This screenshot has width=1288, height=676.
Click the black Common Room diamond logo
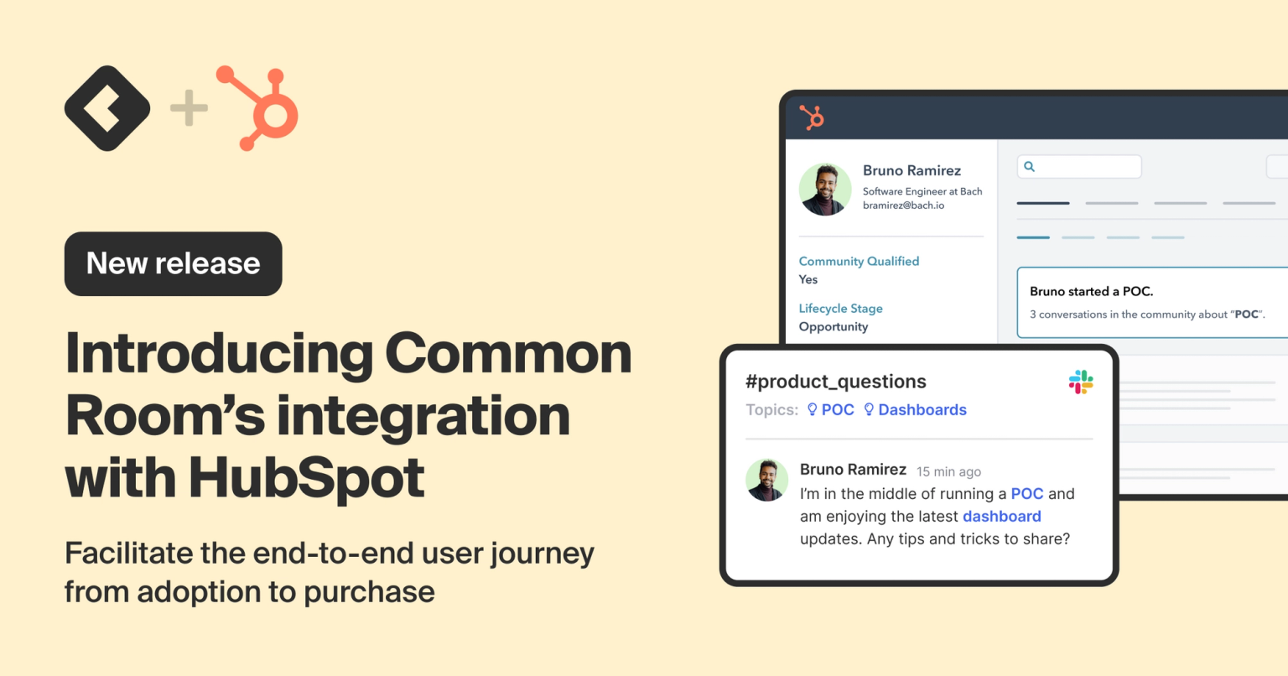click(x=107, y=108)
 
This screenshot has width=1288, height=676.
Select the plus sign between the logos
click(x=189, y=108)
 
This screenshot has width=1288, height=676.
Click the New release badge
click(x=173, y=263)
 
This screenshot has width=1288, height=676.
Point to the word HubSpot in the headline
click(x=306, y=477)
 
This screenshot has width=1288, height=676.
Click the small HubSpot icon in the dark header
click(x=811, y=117)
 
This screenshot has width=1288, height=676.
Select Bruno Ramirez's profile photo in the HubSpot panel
click(x=825, y=190)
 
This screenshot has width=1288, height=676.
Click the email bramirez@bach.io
click(x=903, y=205)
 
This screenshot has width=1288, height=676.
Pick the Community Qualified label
click(x=859, y=262)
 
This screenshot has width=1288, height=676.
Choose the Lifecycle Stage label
click(x=840, y=309)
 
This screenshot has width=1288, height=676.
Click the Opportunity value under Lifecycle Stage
click(x=833, y=327)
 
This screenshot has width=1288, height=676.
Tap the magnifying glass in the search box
click(x=1030, y=167)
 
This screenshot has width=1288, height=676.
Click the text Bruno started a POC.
click(x=1091, y=292)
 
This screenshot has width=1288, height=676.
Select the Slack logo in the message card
click(x=1081, y=382)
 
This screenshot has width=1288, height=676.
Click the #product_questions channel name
click(x=835, y=382)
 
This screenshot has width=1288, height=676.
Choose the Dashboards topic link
click(x=922, y=410)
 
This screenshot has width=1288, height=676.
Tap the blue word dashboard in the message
click(x=1001, y=517)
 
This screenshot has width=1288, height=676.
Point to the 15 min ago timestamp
click(x=948, y=472)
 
